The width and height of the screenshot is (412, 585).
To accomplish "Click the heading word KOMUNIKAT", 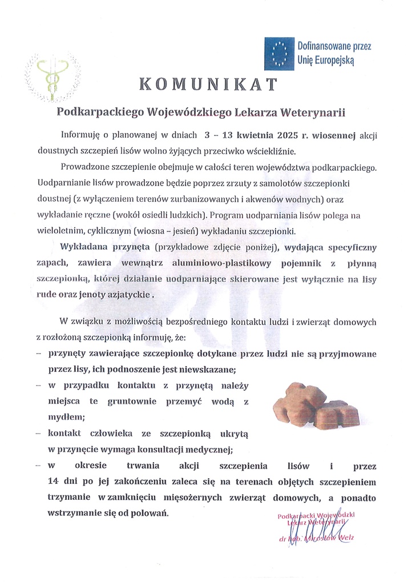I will [209, 85].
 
